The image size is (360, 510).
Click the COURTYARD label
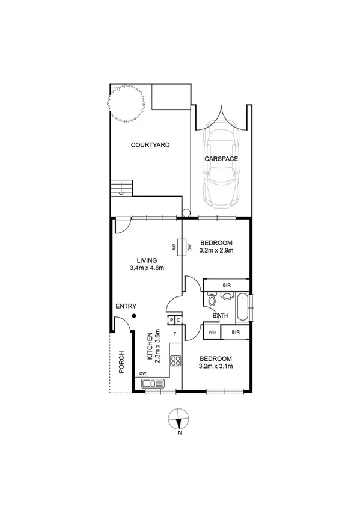point(150,145)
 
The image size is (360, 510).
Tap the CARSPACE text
point(221,159)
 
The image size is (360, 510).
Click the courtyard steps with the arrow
point(121,189)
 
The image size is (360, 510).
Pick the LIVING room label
point(147,260)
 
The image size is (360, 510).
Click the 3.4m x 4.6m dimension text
point(147,268)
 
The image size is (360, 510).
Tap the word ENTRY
point(126,306)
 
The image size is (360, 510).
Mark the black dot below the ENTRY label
point(134,316)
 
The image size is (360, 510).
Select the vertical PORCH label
point(121,362)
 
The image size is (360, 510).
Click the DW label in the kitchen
point(143,374)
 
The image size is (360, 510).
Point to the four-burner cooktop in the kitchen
point(177,361)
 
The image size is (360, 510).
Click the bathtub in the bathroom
point(242,307)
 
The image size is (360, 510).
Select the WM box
point(212,332)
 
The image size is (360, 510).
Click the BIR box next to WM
point(236,332)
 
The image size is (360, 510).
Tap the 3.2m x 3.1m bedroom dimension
point(216,366)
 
